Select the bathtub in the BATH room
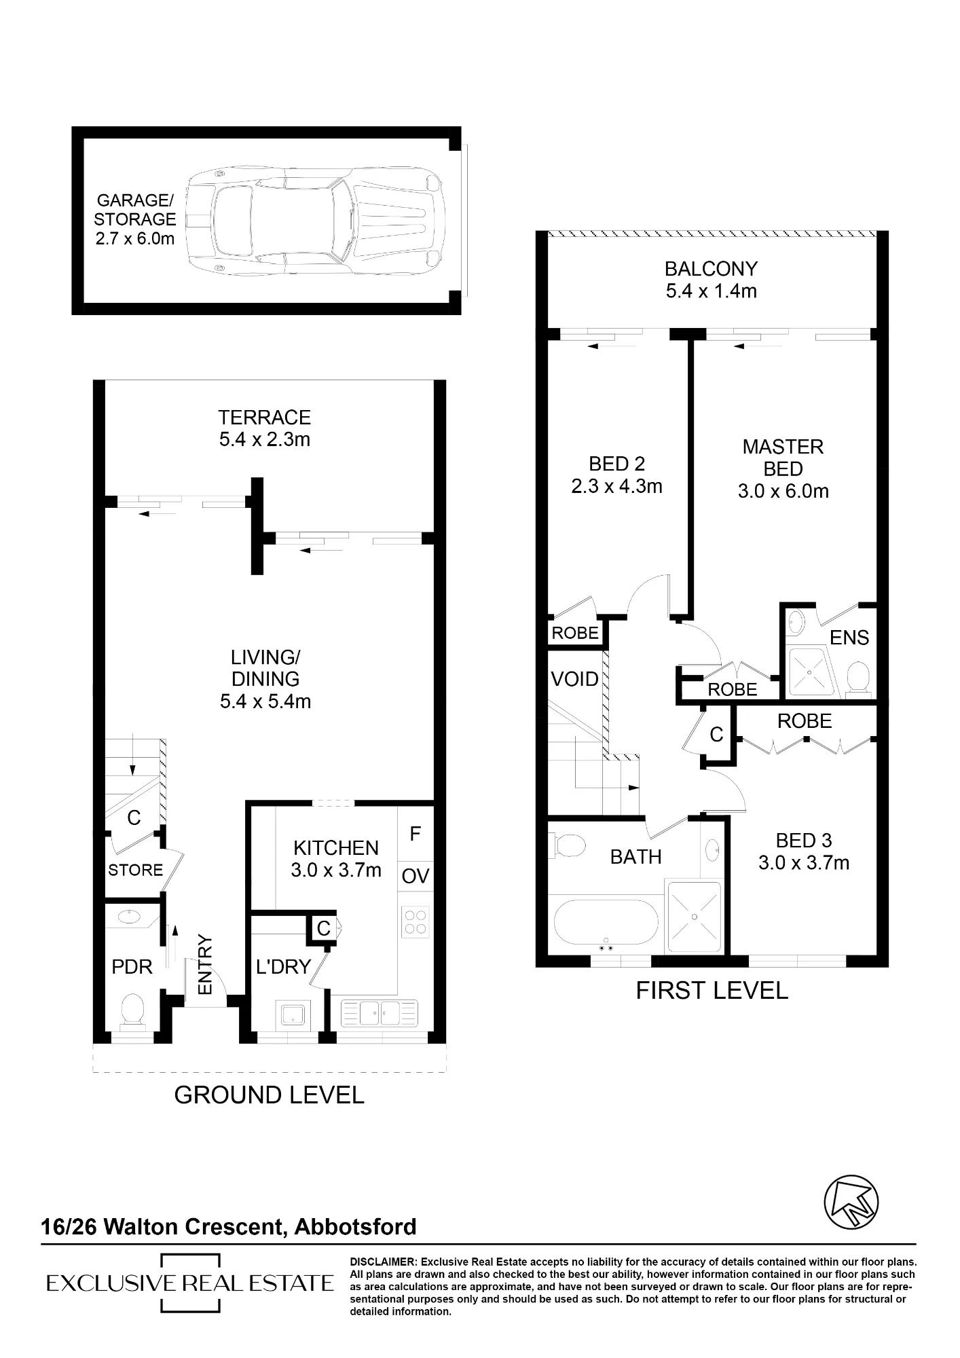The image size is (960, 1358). (x=606, y=926)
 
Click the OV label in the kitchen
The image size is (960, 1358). (x=415, y=876)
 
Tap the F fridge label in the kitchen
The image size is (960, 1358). (x=416, y=834)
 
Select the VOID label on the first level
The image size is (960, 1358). (x=575, y=679)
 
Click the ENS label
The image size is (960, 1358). (x=849, y=638)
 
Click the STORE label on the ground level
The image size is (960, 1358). (x=136, y=870)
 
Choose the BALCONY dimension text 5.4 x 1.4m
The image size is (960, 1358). (x=711, y=291)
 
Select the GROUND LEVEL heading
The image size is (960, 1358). (x=270, y=1095)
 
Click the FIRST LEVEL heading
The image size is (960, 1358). (x=712, y=991)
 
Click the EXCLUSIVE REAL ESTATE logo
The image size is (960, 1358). (x=190, y=1283)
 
